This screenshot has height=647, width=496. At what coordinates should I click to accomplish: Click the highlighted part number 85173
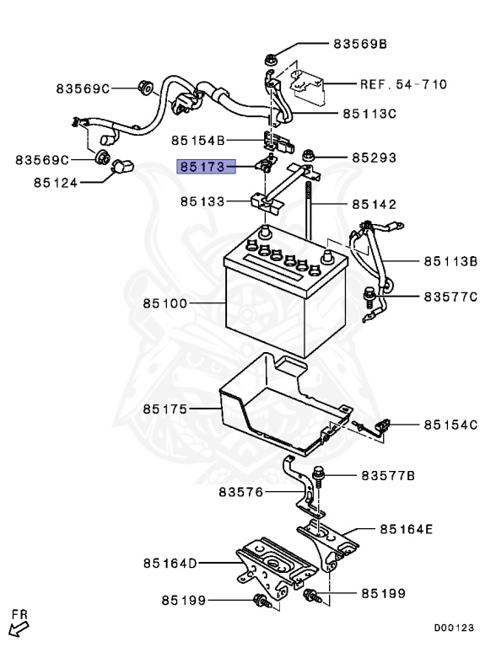click(201, 168)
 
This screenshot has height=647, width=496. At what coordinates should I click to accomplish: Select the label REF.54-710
click(403, 84)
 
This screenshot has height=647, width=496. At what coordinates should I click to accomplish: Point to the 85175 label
click(166, 409)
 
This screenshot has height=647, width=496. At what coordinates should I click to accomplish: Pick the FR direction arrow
click(18, 625)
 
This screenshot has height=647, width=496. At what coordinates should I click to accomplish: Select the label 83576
click(241, 491)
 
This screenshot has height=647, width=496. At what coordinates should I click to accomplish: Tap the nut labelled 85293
click(306, 157)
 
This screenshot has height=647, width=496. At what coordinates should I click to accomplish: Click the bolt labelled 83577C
click(368, 296)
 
